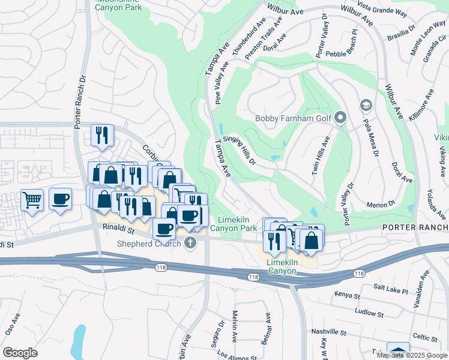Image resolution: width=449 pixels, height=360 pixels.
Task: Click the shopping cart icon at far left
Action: coord(32,199)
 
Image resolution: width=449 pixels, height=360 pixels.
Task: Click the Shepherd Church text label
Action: coord(152,242)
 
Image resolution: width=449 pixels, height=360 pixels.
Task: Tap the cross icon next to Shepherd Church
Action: coord(191,243)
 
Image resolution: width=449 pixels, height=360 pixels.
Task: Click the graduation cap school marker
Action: coord(365,106)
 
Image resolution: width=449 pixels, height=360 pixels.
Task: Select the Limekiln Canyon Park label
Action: coord(238,224)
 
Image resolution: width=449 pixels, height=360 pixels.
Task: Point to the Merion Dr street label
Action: coord(379,203)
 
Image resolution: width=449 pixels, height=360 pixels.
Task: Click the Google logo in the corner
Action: coord(20,353)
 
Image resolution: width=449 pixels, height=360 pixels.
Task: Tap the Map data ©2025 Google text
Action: coord(411,355)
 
